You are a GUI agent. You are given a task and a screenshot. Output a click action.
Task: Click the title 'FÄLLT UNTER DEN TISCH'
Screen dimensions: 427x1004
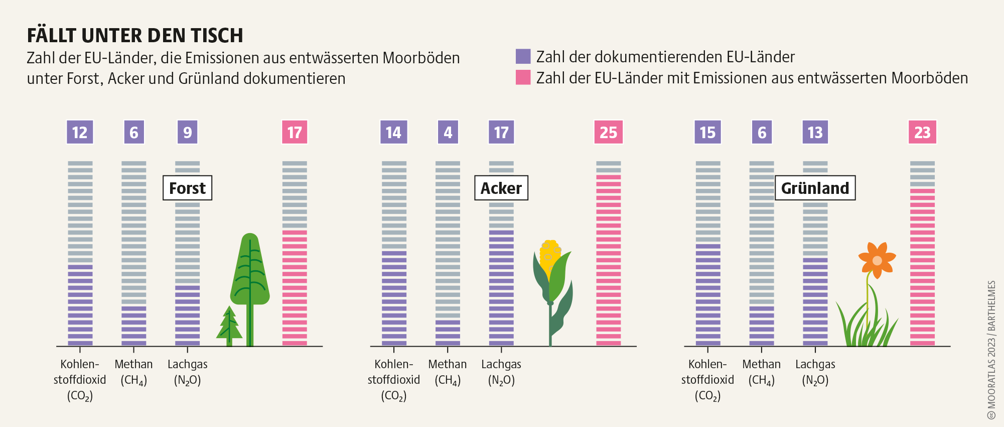tap(135, 36)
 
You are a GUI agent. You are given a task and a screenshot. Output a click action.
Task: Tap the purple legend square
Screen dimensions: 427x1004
tap(523, 56)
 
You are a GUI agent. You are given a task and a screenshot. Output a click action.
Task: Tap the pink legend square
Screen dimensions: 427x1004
tap(523, 77)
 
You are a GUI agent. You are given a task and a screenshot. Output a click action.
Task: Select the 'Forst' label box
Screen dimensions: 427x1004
tap(187, 188)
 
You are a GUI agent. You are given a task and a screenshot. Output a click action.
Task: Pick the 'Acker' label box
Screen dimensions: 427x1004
tap(501, 188)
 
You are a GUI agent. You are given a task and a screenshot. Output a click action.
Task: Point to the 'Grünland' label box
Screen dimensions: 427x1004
tap(815, 188)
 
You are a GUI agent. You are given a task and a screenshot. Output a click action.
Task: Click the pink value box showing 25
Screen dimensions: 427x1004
tap(608, 132)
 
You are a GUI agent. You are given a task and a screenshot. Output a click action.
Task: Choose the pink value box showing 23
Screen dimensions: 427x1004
tap(922, 132)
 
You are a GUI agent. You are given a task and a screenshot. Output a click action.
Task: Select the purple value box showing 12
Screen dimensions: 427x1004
tap(80, 132)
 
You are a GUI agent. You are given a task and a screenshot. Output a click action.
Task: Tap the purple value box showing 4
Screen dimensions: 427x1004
tap(448, 132)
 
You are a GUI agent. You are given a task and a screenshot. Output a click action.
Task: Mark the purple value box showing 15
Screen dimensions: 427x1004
tap(707, 132)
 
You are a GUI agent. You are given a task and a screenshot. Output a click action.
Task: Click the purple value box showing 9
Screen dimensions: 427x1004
tap(187, 132)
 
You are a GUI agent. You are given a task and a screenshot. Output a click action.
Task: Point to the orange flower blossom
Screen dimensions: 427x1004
tap(877, 260)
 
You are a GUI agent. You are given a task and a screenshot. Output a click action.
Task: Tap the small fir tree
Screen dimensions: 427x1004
tap(229, 326)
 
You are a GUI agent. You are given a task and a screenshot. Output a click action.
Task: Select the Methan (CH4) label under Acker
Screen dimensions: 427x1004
tap(448, 372)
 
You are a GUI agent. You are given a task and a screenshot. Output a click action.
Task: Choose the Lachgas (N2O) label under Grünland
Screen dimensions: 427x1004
tap(815, 372)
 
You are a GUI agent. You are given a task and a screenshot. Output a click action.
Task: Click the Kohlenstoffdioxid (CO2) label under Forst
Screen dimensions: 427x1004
tap(80, 380)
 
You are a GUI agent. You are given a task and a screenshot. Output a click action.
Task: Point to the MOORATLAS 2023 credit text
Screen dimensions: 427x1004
tap(991, 349)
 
